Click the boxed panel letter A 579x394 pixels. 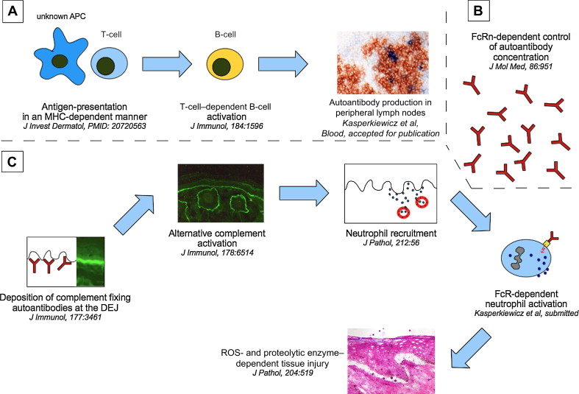(x=13, y=13)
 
